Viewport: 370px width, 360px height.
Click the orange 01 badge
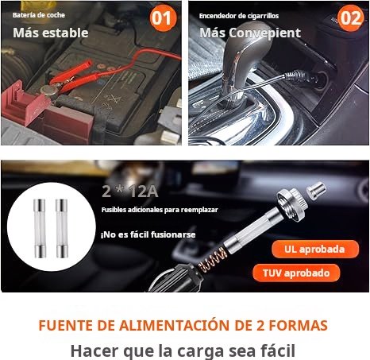(164, 18)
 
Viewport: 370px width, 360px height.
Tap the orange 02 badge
(351, 18)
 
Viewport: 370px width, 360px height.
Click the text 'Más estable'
(51, 33)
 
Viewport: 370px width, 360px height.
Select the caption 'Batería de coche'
(39, 15)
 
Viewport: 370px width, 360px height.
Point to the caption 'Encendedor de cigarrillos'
(239, 16)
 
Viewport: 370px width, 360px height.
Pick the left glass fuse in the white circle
(40, 229)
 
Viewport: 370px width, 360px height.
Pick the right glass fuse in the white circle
(62, 229)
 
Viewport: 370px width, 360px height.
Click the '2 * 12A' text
(130, 192)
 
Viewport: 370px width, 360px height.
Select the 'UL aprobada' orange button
(315, 249)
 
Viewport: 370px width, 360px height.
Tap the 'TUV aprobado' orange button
(296, 273)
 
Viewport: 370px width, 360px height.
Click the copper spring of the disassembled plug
(213, 261)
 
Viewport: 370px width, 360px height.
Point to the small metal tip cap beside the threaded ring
(316, 189)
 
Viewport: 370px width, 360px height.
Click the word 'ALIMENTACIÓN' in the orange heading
(174, 325)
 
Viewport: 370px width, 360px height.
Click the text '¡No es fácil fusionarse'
(148, 234)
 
